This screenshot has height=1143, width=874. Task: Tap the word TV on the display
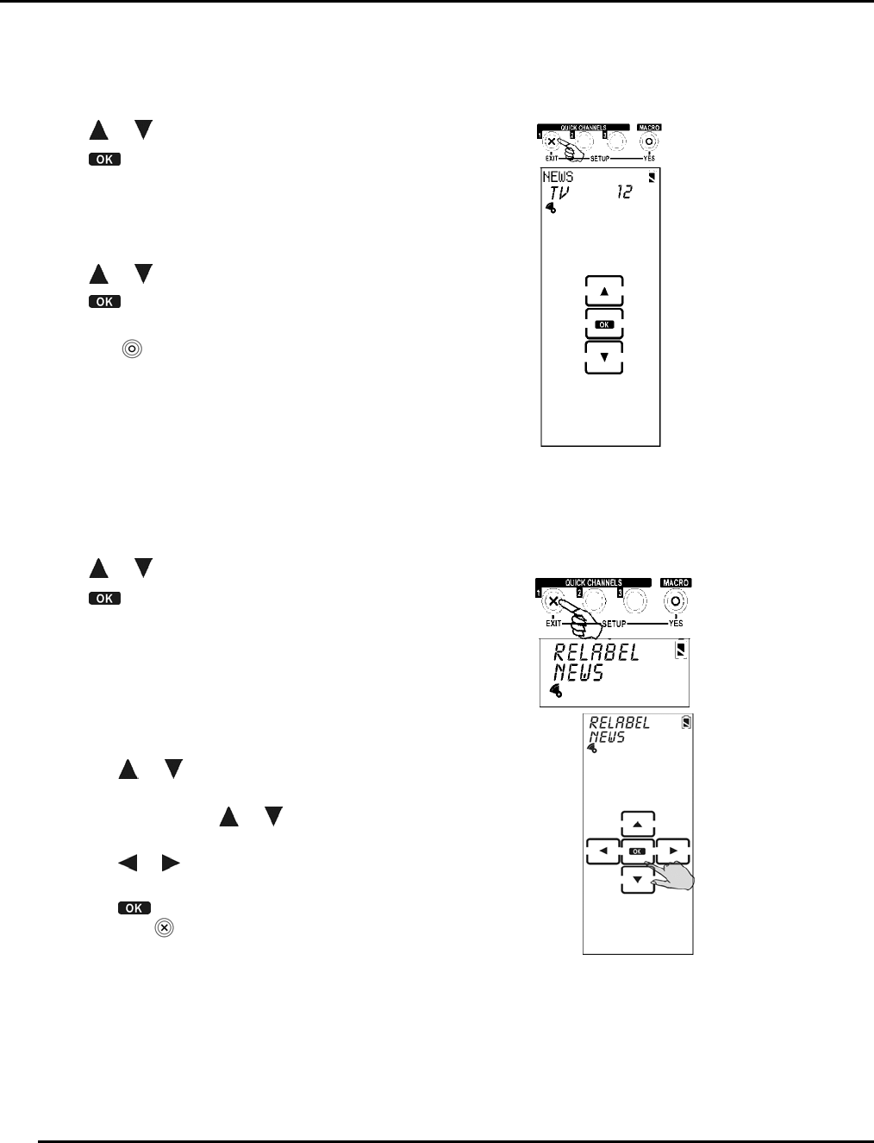(x=559, y=192)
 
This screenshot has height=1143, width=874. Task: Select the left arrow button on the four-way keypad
(x=602, y=851)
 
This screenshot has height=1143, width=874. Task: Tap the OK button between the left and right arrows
(x=638, y=851)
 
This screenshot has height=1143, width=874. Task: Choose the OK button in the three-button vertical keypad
(x=604, y=324)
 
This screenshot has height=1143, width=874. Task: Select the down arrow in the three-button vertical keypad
(x=604, y=357)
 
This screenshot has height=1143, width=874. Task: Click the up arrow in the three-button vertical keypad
(x=604, y=292)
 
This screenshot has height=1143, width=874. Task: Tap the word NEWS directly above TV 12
(x=558, y=177)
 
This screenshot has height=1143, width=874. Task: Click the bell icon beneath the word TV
(x=551, y=209)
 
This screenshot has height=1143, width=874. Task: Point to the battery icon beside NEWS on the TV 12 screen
(x=652, y=177)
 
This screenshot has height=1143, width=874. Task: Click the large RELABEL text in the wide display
(x=596, y=652)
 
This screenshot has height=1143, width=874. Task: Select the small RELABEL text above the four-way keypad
(x=619, y=723)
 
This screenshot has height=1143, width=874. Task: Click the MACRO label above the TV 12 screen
(x=649, y=128)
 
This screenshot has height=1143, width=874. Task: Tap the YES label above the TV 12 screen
(x=649, y=159)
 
